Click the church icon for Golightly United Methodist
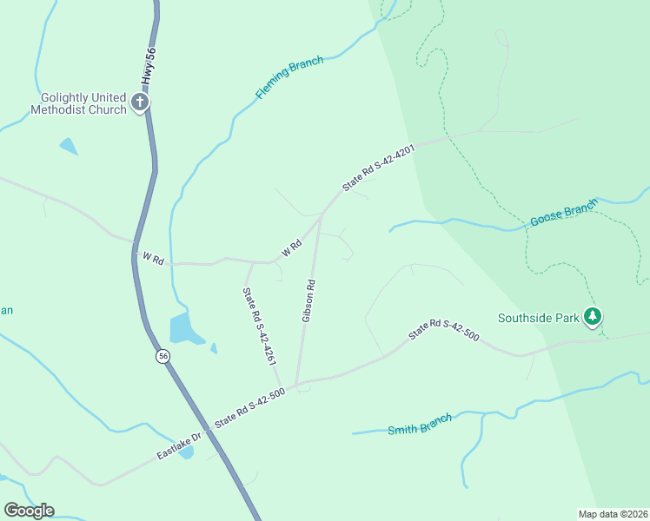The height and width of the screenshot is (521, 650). (139, 103)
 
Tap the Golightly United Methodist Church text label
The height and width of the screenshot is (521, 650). (79, 103)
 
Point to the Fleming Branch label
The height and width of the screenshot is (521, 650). (289, 77)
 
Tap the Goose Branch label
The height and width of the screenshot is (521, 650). (564, 214)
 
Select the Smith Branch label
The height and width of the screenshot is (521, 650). (420, 424)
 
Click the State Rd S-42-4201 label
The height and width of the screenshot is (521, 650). (379, 168)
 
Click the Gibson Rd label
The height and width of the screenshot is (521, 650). (308, 300)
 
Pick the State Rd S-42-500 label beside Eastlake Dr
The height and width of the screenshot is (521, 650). (250, 406)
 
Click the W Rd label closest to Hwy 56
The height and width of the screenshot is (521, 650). (153, 260)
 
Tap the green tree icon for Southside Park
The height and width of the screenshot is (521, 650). (593, 317)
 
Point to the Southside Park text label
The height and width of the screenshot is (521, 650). (538, 318)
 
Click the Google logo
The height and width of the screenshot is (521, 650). (29, 510)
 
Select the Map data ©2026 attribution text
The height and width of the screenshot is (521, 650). (613, 514)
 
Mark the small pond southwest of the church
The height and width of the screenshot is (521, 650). (69, 146)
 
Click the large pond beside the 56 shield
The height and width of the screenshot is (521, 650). (185, 328)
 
